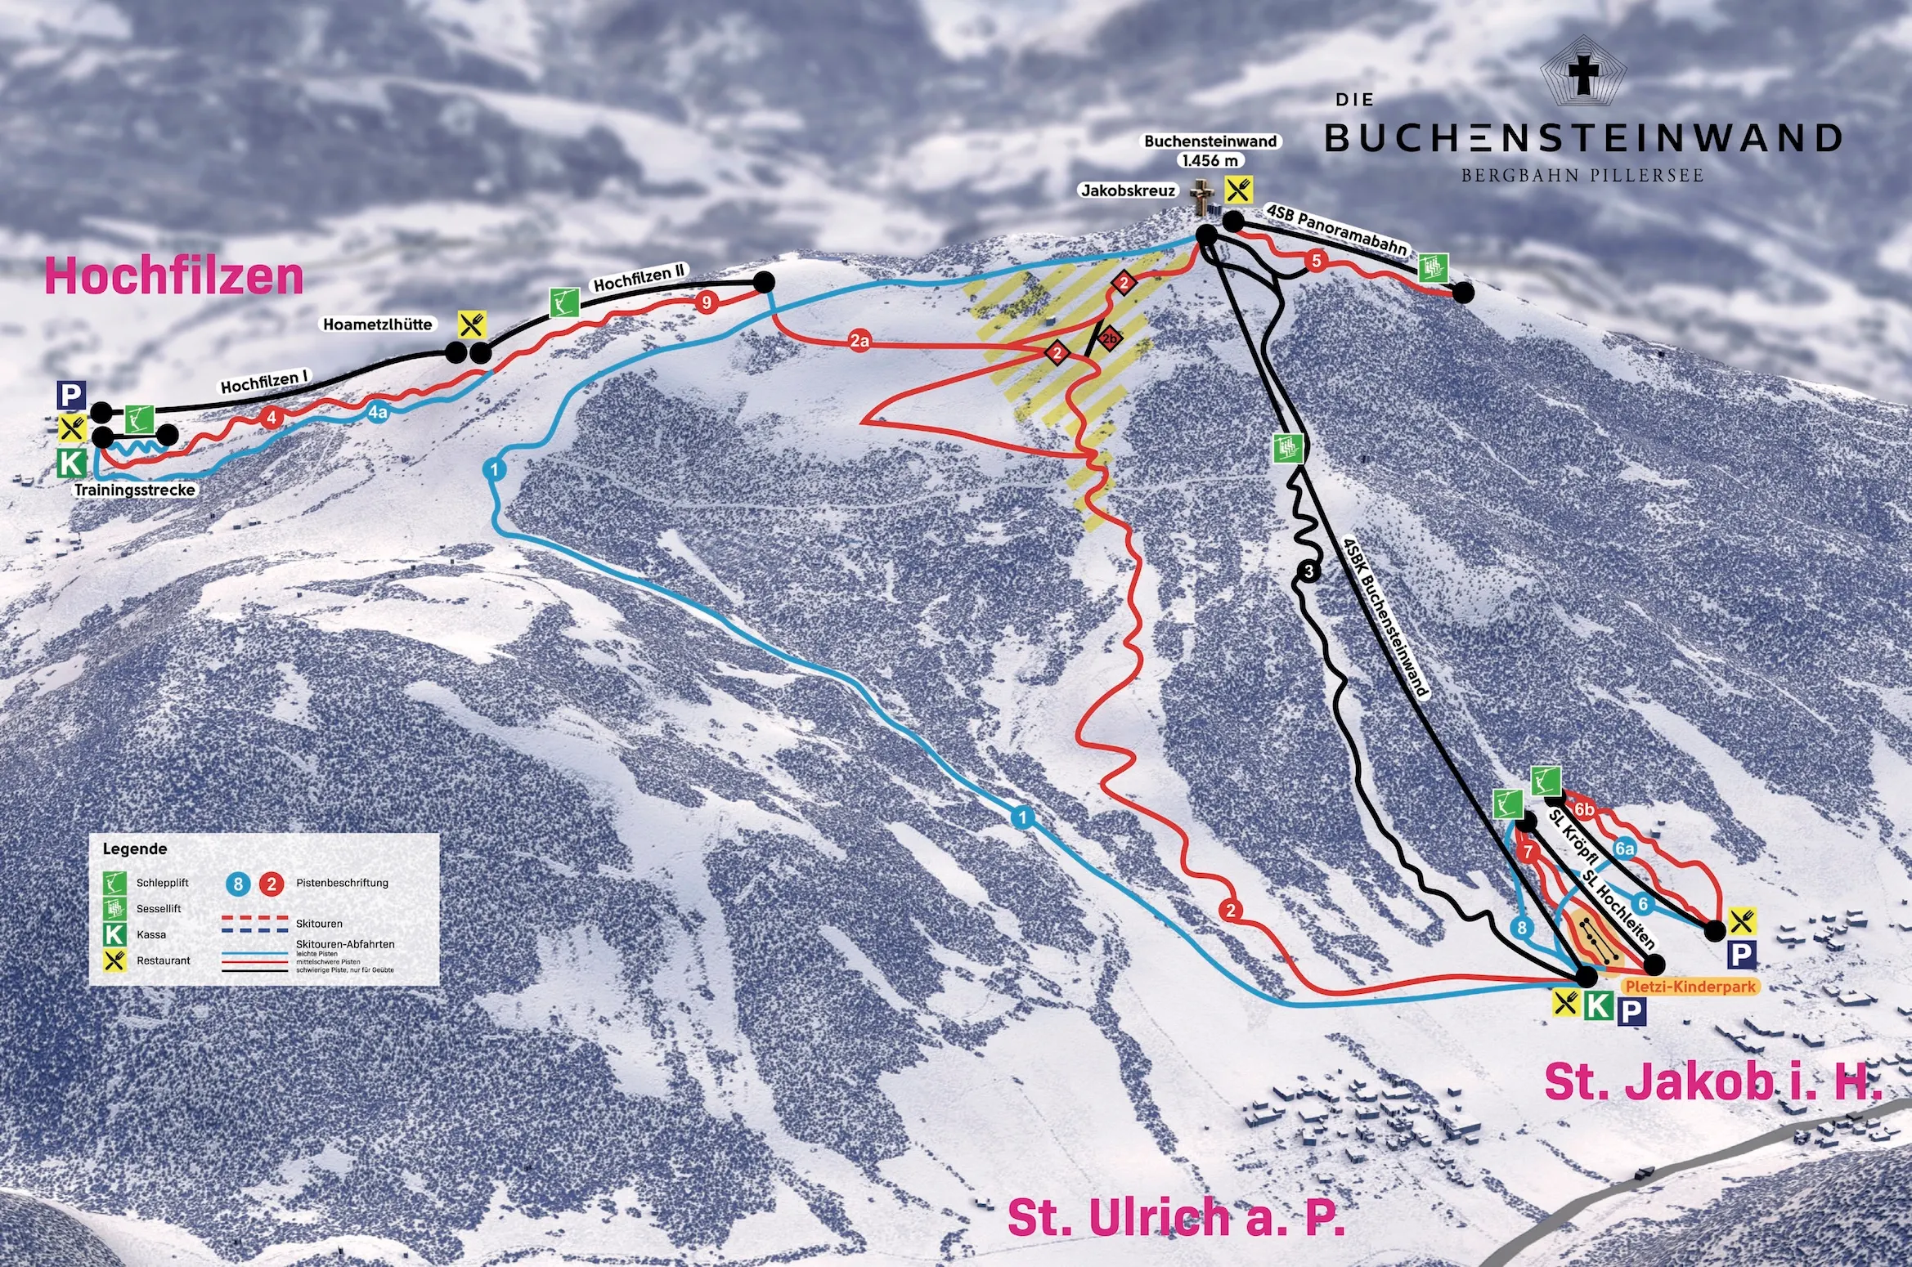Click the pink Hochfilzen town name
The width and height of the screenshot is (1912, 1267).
[174, 276]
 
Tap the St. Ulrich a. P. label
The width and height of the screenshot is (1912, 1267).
[1176, 1218]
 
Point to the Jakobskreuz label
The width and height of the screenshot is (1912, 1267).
[1128, 190]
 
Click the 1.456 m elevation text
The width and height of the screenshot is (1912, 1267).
[1210, 161]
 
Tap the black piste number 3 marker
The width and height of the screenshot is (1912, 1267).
[1308, 571]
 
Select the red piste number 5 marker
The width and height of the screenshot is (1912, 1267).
[1316, 262]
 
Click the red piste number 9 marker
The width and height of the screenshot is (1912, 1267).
[707, 302]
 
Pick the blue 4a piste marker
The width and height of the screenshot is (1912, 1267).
[377, 413]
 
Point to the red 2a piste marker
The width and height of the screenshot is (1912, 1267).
[859, 341]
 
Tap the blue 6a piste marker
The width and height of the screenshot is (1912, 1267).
[1625, 849]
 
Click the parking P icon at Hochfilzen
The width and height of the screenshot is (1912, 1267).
[71, 396]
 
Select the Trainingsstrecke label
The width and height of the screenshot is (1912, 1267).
[135, 490]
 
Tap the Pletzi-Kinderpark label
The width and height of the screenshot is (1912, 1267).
[1690, 987]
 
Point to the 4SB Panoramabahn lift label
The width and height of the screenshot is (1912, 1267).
[1336, 230]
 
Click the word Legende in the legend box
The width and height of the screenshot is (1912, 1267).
[135, 848]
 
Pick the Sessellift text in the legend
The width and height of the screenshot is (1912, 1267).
[159, 908]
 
